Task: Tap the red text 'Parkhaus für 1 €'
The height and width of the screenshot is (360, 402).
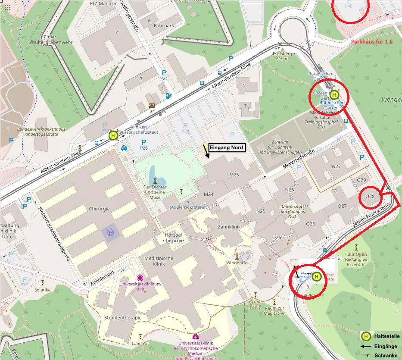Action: tap(372, 42)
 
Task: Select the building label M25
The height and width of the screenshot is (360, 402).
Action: tap(234, 175)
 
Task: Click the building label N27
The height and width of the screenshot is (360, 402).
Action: tap(336, 166)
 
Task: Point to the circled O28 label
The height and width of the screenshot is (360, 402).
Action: tap(370, 197)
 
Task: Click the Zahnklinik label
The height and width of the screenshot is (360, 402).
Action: tap(229, 226)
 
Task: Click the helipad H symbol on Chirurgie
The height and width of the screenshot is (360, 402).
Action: tap(111, 233)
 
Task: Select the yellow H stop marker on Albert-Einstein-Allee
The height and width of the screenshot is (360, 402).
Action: tap(113, 135)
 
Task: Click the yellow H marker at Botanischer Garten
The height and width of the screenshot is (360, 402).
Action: tap(334, 95)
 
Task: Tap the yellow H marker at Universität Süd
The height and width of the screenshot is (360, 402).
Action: tap(317, 277)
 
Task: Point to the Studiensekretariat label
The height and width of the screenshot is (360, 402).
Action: tap(188, 207)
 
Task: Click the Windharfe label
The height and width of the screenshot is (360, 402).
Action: tap(237, 263)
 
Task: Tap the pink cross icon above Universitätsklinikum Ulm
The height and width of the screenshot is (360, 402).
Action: tap(140, 278)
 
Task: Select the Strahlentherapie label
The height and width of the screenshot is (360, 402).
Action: tap(123, 318)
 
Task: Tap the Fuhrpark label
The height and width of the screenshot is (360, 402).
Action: tap(163, 26)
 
